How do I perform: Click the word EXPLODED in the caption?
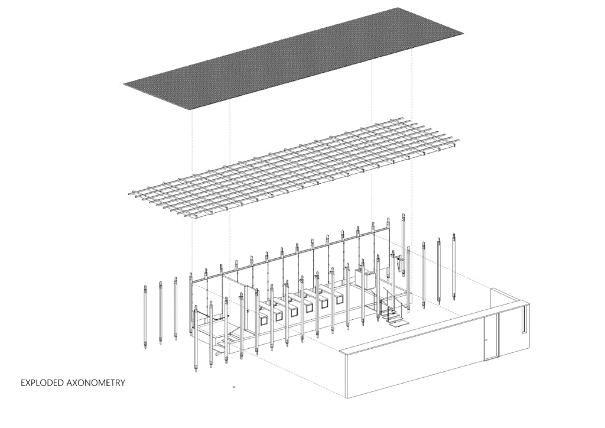point(42,383)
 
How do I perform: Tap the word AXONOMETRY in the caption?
point(96,383)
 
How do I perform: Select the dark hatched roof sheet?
point(294,59)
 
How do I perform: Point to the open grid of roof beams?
point(294,168)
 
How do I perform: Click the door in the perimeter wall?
point(491,336)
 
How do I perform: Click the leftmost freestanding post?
point(145,316)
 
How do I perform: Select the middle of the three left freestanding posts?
point(161,312)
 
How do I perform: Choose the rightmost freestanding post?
point(454,266)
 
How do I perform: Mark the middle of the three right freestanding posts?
point(439,271)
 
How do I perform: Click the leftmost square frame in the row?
point(264,321)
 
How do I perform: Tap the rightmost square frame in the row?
point(339,300)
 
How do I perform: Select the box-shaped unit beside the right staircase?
point(365,280)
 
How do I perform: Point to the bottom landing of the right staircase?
point(398,323)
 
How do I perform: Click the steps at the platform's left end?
point(225,341)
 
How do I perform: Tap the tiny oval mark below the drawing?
point(234,386)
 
